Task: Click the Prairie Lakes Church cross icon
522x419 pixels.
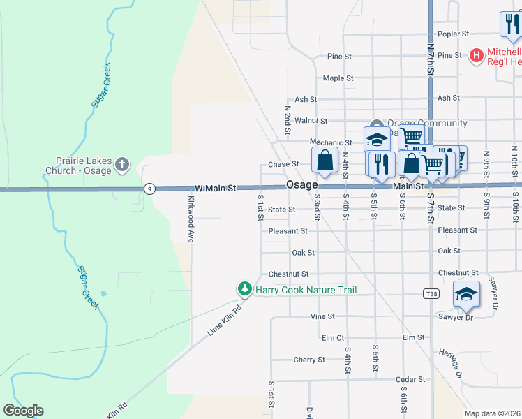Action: click(x=122, y=163)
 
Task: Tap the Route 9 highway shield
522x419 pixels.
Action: click(x=149, y=189)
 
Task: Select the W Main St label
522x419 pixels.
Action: click(x=216, y=188)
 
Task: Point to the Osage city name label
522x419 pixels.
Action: click(x=302, y=185)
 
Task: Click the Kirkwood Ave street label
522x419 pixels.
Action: click(x=190, y=219)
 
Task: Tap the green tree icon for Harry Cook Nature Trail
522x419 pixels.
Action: click(x=244, y=288)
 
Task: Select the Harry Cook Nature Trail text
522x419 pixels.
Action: click(x=306, y=290)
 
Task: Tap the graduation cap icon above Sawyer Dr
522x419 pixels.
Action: click(x=466, y=294)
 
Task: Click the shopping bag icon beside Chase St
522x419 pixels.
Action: click(x=325, y=160)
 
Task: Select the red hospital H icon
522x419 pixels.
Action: click(x=477, y=55)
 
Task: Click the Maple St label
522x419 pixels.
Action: click(x=338, y=78)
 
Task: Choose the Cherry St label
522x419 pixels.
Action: click(x=309, y=360)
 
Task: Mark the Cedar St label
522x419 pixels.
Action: click(x=410, y=379)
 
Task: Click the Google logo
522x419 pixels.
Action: click(x=24, y=411)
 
